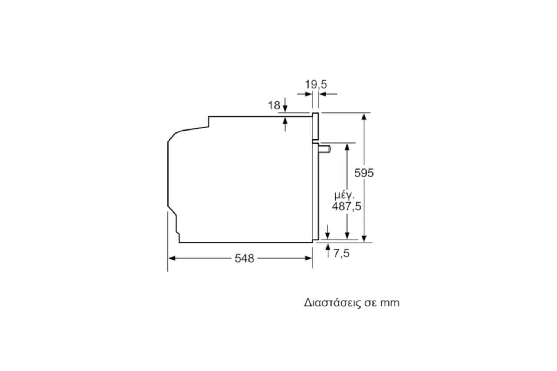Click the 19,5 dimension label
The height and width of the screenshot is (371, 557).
pyautogui.click(x=316, y=85)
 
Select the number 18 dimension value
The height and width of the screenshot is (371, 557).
pyautogui.click(x=274, y=105)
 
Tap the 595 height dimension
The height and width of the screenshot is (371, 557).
pyautogui.click(x=364, y=173)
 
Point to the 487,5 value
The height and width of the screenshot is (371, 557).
pyautogui.click(x=346, y=207)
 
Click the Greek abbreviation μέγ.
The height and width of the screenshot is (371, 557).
pyautogui.click(x=344, y=196)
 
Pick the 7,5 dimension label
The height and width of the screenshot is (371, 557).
pyautogui.click(x=341, y=253)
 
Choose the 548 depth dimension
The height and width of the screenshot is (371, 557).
pyautogui.click(x=244, y=259)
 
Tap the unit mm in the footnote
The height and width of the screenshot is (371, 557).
pyautogui.click(x=390, y=303)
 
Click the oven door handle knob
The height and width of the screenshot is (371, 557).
pyautogui.click(x=325, y=149)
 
